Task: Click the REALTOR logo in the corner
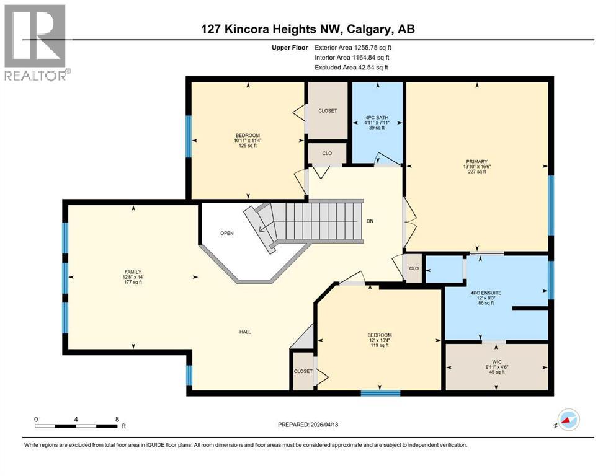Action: pos(36,42)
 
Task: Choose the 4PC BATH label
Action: pos(377,115)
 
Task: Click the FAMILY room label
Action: pos(133,271)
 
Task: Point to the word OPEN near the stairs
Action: pos(227,234)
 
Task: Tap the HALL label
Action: pos(245,332)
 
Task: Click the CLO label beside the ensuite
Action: pos(414,269)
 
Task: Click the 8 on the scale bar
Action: pos(117,419)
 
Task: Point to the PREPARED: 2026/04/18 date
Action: pos(308,425)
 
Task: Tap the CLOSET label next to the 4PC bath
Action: pos(328,110)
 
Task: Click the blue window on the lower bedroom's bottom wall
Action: pos(380,392)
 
